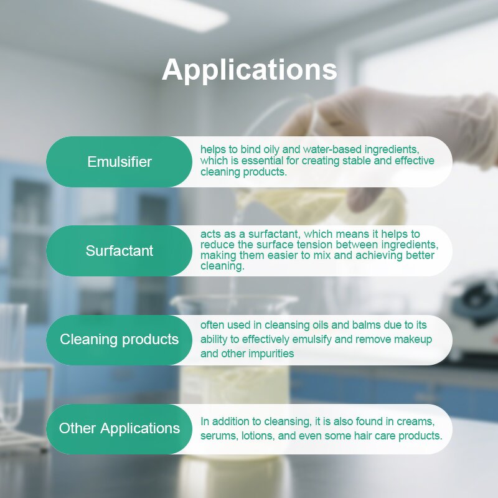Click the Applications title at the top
pyautogui.click(x=249, y=70)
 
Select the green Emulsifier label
pyautogui.click(x=120, y=162)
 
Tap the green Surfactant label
pyautogui.click(x=120, y=251)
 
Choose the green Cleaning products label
pyautogui.click(x=120, y=339)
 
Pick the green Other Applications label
pyautogui.click(x=120, y=428)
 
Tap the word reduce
pyautogui.click(x=215, y=245)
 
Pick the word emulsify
pyautogui.click(x=315, y=339)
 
